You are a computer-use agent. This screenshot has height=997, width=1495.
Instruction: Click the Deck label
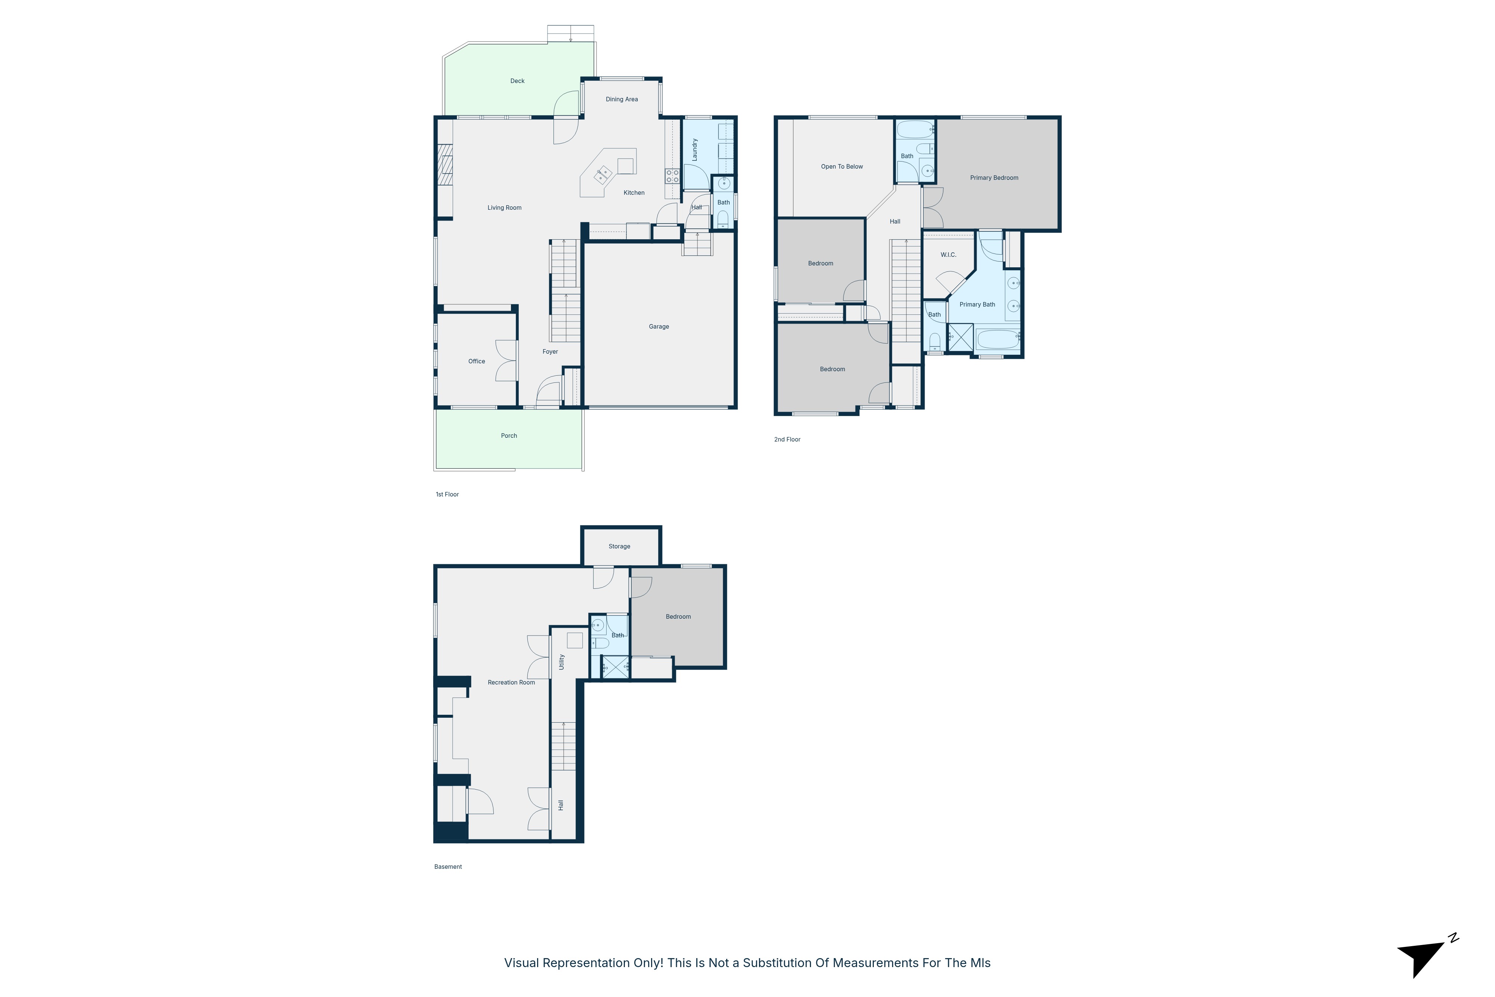517,81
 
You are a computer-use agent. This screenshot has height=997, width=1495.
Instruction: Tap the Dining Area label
622,99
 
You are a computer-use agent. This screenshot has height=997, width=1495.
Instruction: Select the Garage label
659,327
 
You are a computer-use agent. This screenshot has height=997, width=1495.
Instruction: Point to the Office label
477,361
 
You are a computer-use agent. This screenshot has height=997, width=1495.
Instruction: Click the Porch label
509,436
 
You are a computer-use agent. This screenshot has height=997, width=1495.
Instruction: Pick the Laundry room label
695,150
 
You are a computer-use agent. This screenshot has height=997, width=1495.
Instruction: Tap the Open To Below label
842,167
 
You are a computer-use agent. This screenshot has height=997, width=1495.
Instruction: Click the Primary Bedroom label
994,178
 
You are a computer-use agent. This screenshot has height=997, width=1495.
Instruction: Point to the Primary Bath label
977,305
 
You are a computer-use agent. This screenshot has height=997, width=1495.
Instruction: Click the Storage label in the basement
619,546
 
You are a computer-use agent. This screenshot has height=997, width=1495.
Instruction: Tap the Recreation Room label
511,682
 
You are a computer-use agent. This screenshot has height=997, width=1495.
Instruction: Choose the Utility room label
561,662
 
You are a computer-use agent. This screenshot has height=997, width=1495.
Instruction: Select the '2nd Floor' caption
787,439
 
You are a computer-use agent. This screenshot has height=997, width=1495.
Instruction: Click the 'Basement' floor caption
448,867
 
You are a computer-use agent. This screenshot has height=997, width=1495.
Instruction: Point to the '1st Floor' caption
447,494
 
